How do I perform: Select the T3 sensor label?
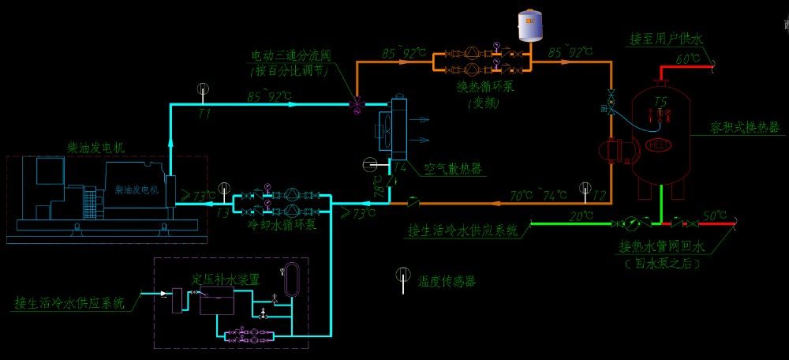pyautogui.click(x=224, y=213)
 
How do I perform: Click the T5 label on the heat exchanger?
pyautogui.click(x=660, y=102)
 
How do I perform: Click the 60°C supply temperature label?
pyautogui.click(x=686, y=59)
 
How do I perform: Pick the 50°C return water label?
pyautogui.click(x=716, y=215)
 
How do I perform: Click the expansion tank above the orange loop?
pyautogui.click(x=530, y=26)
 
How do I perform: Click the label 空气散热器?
pyautogui.click(x=454, y=169)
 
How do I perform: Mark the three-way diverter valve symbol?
pyautogui.click(x=356, y=103)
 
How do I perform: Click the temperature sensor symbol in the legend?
pyautogui.click(x=402, y=277)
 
